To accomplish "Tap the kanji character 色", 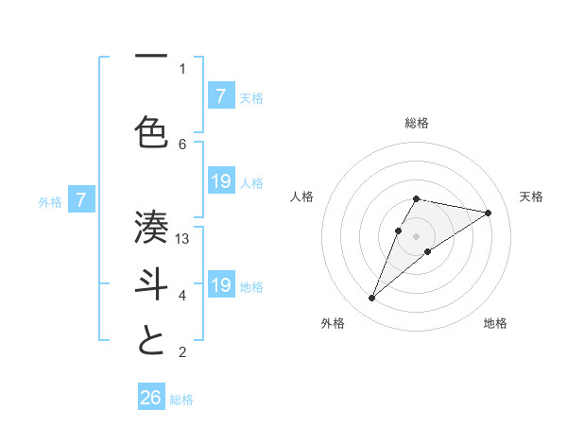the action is point(151,131).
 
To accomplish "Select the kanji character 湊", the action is point(151,225).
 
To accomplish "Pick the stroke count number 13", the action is point(182,239).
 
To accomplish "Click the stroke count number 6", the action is point(182,144).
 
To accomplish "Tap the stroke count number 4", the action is point(182,296).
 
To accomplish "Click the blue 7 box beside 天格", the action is point(220,96).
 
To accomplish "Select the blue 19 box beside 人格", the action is point(220,181).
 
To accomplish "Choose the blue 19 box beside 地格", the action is point(220,285).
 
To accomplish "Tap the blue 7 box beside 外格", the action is point(82,200).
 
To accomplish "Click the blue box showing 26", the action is point(151,398).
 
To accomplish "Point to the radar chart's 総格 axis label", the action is point(417,123).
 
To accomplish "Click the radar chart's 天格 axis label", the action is point(532,196).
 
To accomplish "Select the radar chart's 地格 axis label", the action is point(495,323).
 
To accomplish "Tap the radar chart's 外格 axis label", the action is point(333,323).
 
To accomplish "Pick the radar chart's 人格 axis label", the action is point(302,196).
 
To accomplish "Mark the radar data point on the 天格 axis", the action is point(488,213).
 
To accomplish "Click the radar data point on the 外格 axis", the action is point(371,299).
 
